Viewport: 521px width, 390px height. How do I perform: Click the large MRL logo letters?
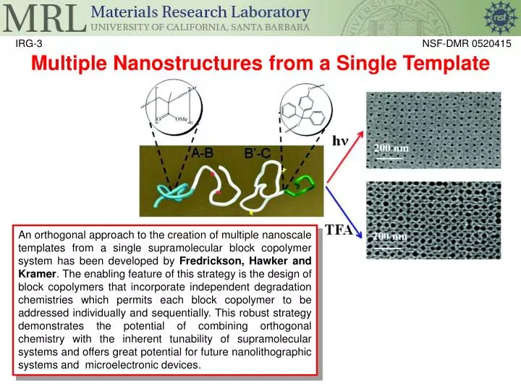pyautogui.click(x=41, y=19)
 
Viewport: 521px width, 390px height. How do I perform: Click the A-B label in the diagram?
pyautogui.click(x=202, y=152)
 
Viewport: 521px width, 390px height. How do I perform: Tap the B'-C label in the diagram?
pyautogui.click(x=258, y=154)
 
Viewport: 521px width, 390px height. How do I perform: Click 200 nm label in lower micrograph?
pyautogui.click(x=390, y=235)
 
